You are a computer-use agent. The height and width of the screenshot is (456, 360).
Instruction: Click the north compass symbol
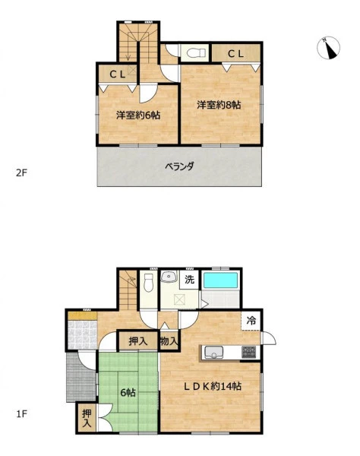[328, 48]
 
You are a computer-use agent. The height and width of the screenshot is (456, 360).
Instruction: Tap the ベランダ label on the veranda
[179, 166]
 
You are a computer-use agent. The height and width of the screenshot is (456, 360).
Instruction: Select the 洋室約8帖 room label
[219, 105]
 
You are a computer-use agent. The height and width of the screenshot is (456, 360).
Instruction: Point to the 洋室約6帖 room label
[138, 116]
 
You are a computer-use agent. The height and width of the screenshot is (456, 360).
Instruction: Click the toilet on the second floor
[196, 53]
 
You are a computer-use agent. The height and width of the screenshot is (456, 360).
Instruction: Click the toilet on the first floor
[148, 283]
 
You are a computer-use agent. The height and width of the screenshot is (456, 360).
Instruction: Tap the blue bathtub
[221, 280]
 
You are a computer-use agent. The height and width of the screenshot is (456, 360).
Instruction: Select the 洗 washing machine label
[189, 280]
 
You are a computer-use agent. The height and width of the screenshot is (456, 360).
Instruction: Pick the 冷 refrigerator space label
[251, 321]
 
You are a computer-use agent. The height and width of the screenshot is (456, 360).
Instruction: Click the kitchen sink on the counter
[213, 352]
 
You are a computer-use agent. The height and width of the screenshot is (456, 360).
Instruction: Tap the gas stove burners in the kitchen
[248, 352]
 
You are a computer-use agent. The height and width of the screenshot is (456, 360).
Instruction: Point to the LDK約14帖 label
[213, 386]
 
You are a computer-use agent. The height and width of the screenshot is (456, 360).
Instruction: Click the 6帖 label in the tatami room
[128, 393]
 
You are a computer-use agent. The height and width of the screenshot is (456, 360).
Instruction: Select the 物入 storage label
[169, 340]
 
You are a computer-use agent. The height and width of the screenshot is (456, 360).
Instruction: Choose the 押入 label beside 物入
[138, 340]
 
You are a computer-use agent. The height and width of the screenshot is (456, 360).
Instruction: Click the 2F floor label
[21, 173]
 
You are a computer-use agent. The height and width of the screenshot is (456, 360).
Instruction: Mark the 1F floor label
[21, 413]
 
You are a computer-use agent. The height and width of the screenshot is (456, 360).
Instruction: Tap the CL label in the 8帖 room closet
[235, 54]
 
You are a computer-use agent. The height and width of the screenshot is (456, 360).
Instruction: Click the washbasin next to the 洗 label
[169, 277]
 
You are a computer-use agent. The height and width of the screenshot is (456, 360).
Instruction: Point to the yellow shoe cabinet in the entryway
[82, 315]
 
